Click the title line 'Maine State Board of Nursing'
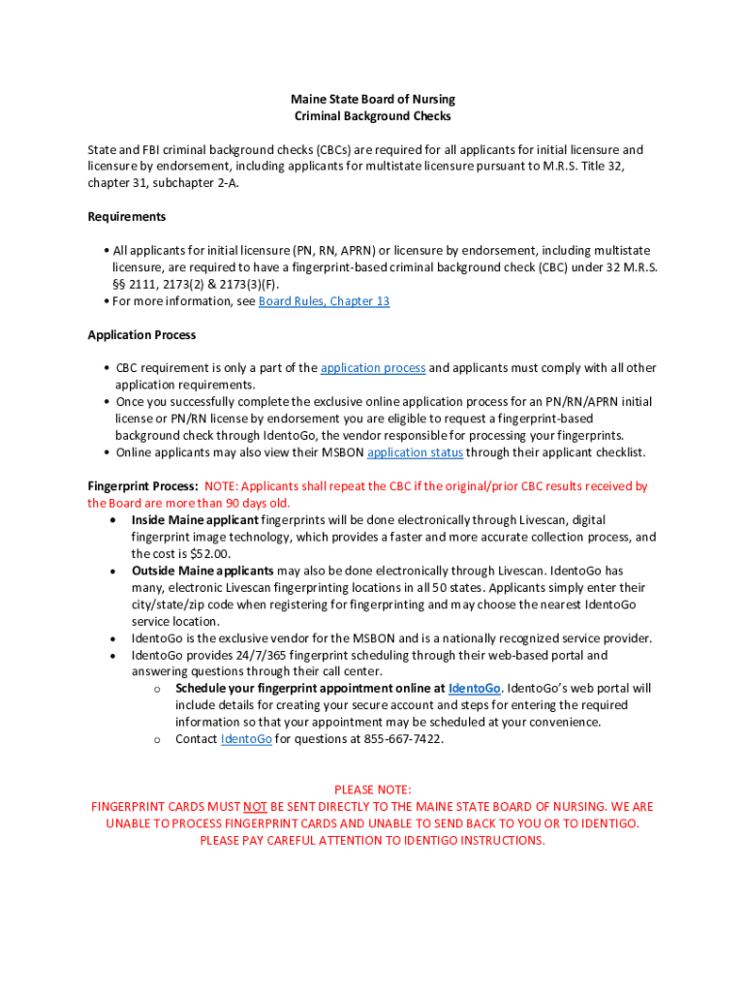point(373,99)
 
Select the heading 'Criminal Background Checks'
point(373,116)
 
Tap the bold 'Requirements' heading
point(127,217)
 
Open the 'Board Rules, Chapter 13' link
point(324,301)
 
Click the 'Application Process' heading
point(141,335)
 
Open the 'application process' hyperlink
point(373,368)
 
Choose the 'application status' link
point(415,452)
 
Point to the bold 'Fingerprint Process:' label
point(143,486)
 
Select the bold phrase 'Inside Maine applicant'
point(195,520)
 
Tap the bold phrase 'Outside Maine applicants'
point(202,571)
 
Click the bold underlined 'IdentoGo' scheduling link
point(475,689)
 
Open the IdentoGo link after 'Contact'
point(246,739)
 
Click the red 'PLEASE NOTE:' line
point(373,790)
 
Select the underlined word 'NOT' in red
point(255,807)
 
